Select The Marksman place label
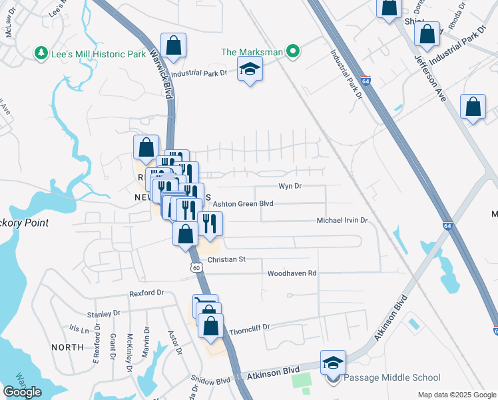tap(252, 51)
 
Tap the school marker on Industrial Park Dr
tap(250, 69)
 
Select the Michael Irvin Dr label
tap(342, 220)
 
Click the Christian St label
tap(226, 259)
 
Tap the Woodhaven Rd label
tap(292, 273)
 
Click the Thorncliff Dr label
tap(248, 328)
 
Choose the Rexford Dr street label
tap(146, 293)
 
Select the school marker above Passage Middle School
tap(334, 362)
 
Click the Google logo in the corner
tap(22, 392)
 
